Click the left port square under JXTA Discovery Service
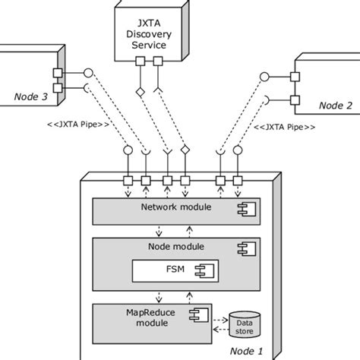point(141,63)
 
